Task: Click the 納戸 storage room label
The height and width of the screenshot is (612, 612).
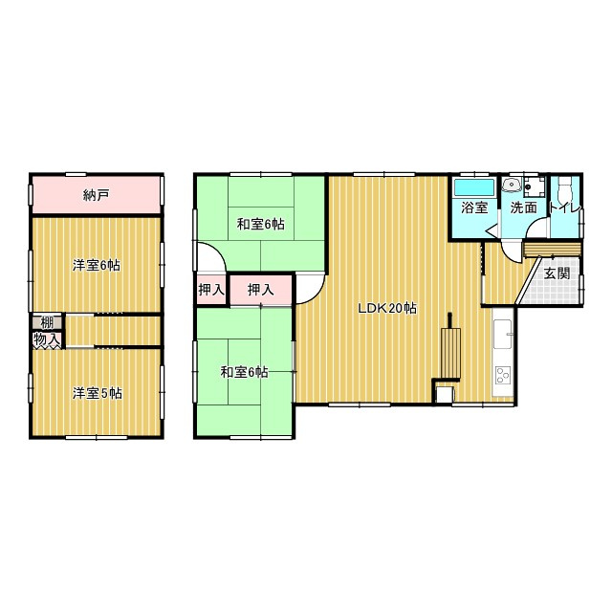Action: pos(96,195)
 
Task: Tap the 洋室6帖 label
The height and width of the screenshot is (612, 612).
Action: pos(97,266)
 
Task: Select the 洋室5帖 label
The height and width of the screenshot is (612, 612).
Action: pos(98,393)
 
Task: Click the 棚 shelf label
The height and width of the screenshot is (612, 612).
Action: pos(47,323)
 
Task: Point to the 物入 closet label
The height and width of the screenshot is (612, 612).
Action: pos(47,339)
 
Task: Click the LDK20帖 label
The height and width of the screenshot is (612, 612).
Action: pos(387,308)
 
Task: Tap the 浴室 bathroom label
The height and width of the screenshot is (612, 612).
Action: pos(474,208)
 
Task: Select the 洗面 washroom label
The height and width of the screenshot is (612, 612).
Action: pos(524,208)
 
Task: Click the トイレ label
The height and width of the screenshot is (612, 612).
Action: pos(565,208)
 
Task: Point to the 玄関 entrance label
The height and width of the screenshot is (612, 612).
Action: pos(557,273)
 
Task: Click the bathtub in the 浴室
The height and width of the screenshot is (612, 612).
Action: pos(474,187)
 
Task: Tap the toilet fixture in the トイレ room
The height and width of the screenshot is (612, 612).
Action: pos(565,186)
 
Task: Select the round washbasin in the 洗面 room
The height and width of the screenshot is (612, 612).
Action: pos(512,185)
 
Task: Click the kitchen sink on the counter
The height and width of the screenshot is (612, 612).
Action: pos(503,334)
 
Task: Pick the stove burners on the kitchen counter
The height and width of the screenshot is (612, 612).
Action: pos(504,376)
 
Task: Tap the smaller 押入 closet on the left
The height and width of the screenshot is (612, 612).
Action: pos(211,290)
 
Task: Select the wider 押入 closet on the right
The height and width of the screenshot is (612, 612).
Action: pos(261,290)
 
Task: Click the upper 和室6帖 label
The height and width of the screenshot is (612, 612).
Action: pos(261,225)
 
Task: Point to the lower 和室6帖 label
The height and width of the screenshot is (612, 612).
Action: pos(245,372)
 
